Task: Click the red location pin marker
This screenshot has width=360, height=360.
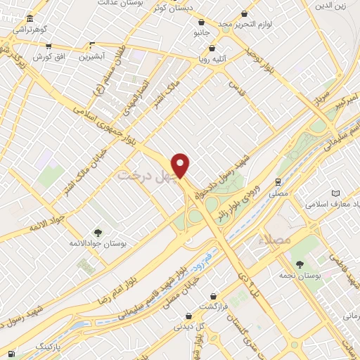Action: tap(181, 165)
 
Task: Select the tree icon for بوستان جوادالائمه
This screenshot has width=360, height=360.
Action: tap(97, 233)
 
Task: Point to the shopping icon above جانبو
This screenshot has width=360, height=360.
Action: tap(202, 22)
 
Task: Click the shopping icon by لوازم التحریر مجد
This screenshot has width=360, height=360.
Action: tap(244, 13)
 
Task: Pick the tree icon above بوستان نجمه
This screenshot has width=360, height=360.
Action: tap(300, 264)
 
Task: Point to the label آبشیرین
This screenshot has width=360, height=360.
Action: tap(91, 55)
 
